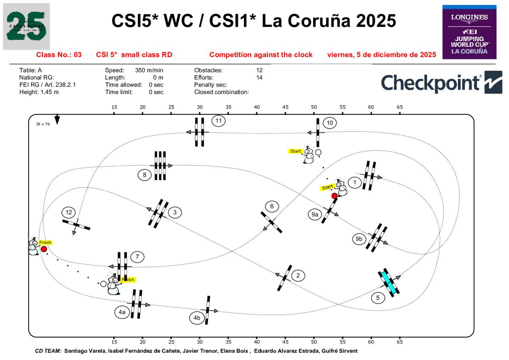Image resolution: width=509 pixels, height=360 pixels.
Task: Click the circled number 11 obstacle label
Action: coord(218,120)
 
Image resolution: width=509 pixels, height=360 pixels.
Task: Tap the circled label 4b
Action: coord(197,318)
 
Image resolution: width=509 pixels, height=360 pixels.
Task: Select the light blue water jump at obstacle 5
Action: coord(389,282)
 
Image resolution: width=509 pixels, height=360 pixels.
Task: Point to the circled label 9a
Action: coord(314,215)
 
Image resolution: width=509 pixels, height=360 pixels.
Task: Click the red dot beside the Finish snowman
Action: coord(44,249)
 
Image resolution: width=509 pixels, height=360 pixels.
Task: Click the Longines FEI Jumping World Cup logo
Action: coord(469,32)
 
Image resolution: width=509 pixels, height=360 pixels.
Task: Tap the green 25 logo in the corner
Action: coord(26,26)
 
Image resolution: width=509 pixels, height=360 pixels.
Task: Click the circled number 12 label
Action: coord(69,212)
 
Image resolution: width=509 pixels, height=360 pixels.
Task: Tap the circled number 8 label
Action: coord(145,174)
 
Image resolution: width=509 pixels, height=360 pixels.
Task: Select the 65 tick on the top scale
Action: coord(400,107)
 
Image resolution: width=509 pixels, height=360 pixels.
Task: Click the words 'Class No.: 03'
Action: coord(59,55)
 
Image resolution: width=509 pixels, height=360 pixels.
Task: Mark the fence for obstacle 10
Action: coord(318,132)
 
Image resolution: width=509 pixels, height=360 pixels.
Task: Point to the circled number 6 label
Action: coord(272,207)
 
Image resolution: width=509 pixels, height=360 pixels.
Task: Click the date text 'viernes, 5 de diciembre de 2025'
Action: coord(382,55)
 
